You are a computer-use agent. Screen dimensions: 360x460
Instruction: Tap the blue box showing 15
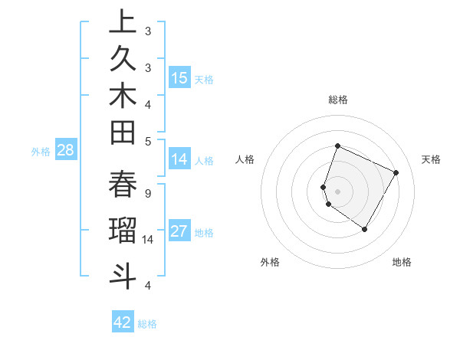(179, 77)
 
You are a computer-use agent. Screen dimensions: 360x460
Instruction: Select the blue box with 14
(179, 159)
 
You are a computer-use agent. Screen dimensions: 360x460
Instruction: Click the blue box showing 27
(179, 231)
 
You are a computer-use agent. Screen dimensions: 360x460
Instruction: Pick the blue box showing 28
(65, 150)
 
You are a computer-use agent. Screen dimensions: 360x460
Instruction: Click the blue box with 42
(123, 322)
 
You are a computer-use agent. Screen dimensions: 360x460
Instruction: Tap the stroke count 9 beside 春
(147, 193)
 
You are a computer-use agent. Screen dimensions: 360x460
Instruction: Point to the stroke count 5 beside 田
(147, 141)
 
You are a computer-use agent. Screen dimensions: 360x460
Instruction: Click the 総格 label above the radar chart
(337, 100)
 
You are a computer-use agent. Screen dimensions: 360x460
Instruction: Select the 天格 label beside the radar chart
(432, 159)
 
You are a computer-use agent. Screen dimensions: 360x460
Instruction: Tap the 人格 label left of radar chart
(245, 159)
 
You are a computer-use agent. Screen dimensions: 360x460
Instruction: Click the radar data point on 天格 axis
(396, 172)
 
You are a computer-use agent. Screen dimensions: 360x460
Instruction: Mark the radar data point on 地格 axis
(364, 229)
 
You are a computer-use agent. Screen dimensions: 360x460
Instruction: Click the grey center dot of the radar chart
(337, 191)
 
